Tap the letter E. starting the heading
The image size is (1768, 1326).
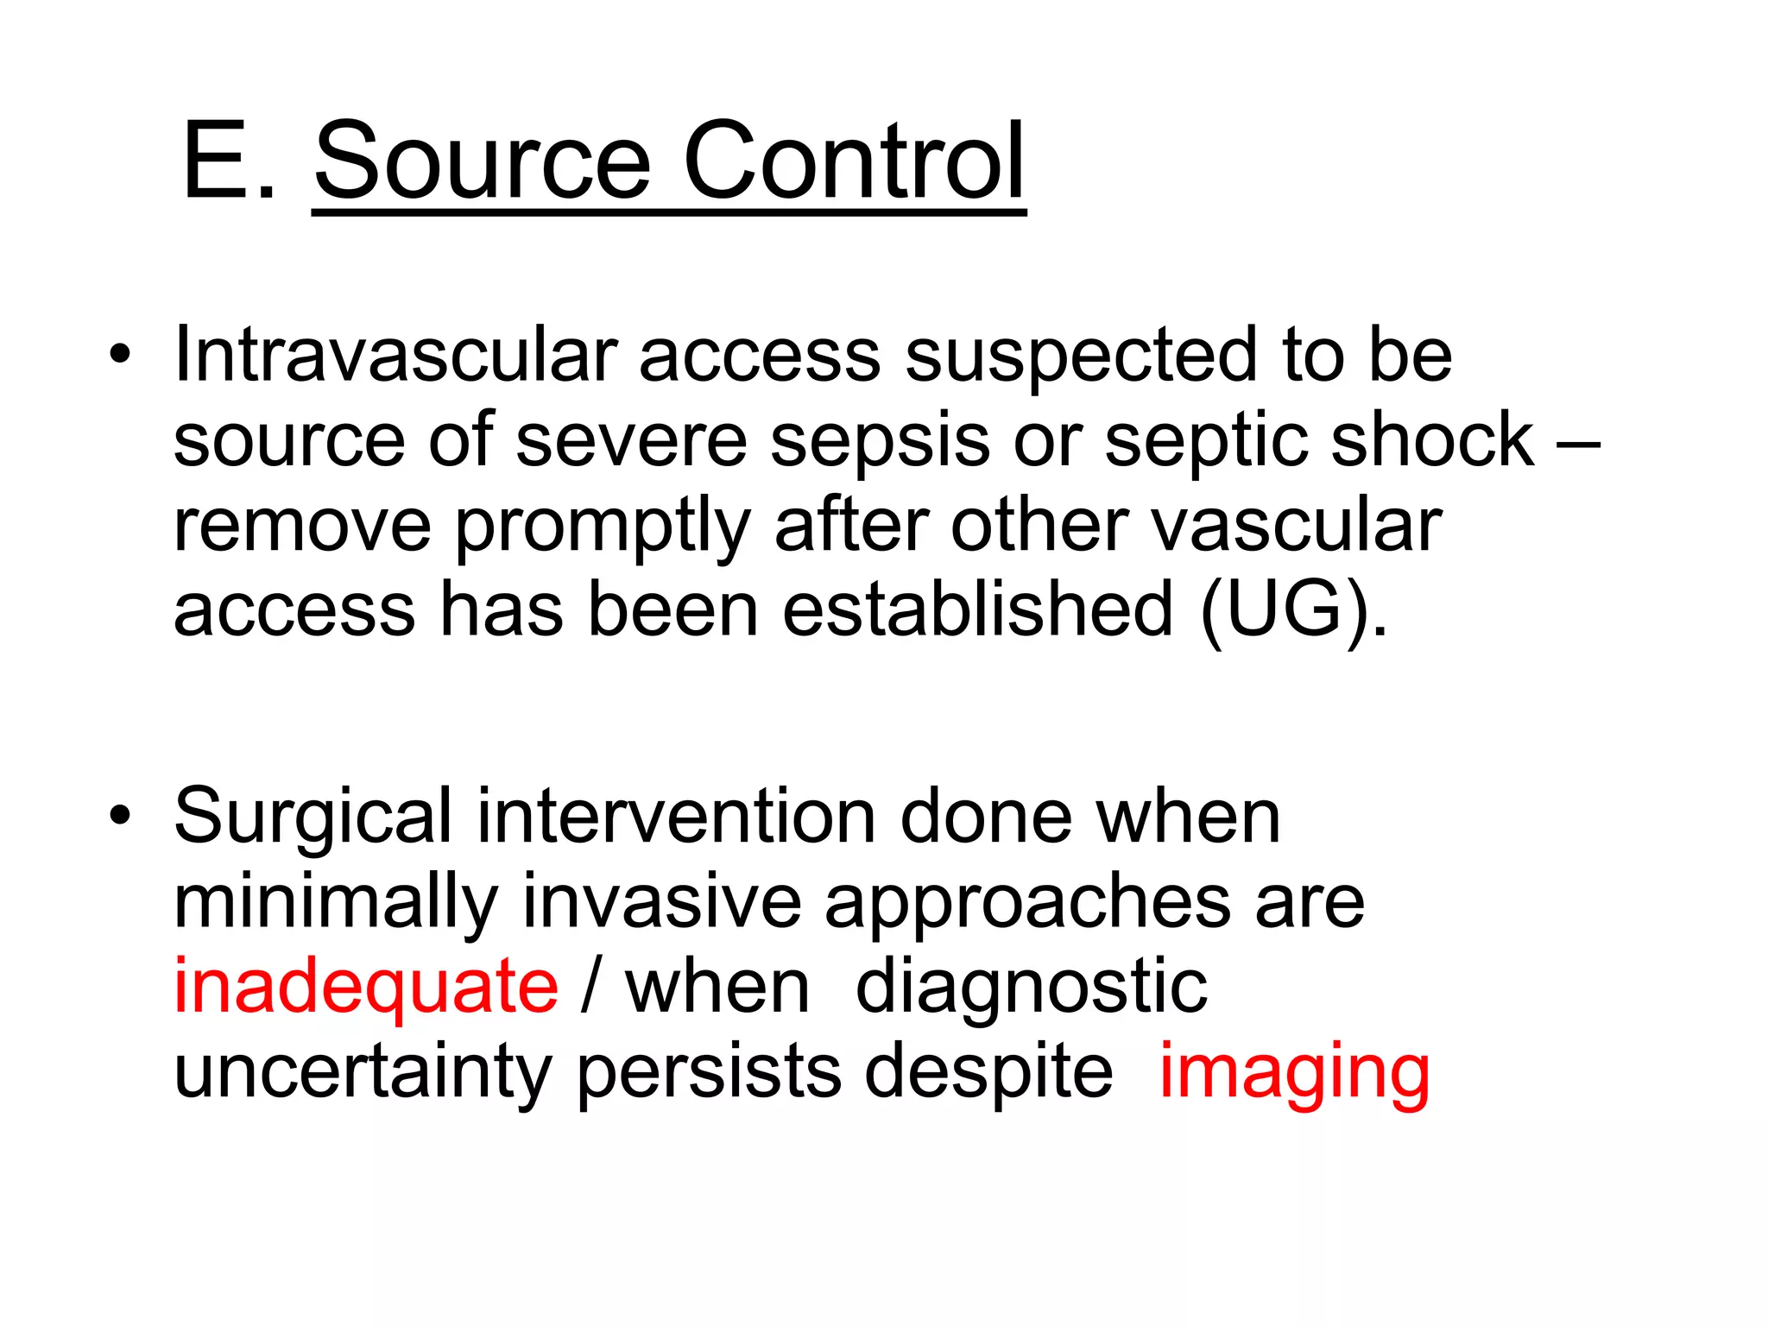(229, 161)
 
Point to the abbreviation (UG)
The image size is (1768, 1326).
(1293, 611)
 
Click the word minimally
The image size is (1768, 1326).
(336, 903)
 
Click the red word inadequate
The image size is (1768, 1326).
(366, 987)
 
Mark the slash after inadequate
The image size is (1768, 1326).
(590, 987)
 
